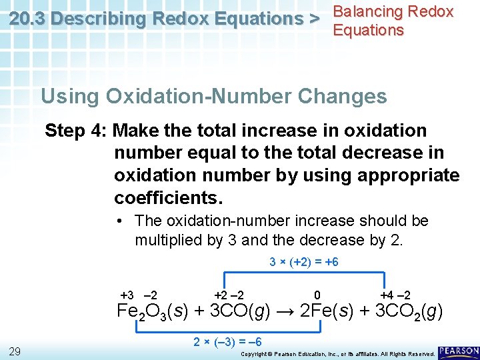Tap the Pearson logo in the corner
459,351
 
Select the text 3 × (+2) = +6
304,262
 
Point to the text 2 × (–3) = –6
227,342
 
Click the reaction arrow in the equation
282,311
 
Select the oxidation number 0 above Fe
317,295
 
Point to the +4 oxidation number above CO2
387,295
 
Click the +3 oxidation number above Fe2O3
127,295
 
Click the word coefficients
168,198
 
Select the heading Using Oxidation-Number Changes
213,96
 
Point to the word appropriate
409,175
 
